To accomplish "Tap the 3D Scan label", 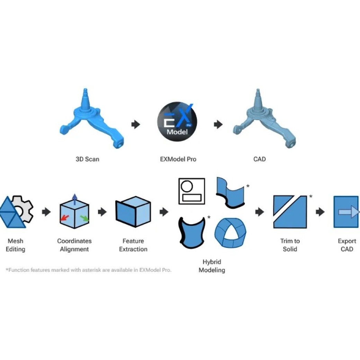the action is coord(88,159).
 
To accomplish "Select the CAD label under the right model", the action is coord(259,159).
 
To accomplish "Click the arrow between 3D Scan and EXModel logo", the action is coord(136,124).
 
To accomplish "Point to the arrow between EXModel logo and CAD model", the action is coord(218,124).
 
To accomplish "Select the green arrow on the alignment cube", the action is coord(84,218).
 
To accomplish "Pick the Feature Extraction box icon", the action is coord(133,212).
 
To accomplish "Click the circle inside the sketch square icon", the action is coord(187,186).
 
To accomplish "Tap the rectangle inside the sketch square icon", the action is coord(191,198).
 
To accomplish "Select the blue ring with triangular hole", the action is coord(230,233).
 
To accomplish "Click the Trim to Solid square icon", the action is coord(290,212).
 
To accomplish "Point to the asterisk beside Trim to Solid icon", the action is coord(310,197).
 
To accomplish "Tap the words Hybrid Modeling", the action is coord(212,266).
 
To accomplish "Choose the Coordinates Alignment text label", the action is coord(74,245).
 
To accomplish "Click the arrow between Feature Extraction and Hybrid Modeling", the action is coord(164,212).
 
